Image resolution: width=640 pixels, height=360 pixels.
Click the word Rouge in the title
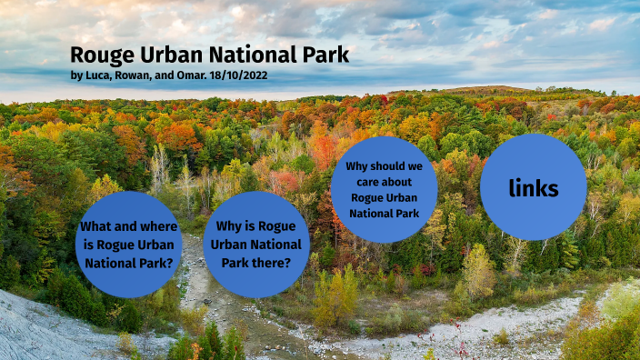click(x=101, y=55)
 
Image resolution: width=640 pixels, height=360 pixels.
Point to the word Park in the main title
click(x=325, y=55)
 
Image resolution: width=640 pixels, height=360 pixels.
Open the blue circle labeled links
click(x=533, y=188)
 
